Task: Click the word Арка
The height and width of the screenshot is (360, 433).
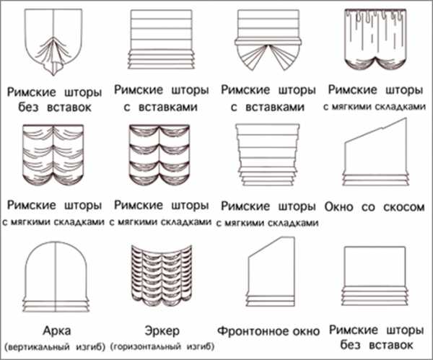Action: pyautogui.click(x=56, y=330)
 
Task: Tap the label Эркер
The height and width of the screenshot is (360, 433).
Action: pyautogui.click(x=162, y=330)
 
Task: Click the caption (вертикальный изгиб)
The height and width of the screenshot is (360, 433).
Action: pyautogui.click(x=55, y=346)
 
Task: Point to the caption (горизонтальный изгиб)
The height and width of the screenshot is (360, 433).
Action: pyautogui.click(x=162, y=346)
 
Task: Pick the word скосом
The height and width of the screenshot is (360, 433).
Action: pyautogui.click(x=403, y=207)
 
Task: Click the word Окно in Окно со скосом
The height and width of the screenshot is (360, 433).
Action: pyautogui.click(x=338, y=207)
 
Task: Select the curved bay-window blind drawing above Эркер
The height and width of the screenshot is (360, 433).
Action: pyautogui.click(x=162, y=276)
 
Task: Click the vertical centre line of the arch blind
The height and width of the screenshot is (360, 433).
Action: pyautogui.click(x=56, y=277)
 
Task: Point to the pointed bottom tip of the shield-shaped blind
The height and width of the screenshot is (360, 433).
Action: pyautogui.click(x=53, y=75)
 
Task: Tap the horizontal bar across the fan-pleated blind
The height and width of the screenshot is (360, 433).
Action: pyautogui.click(x=268, y=42)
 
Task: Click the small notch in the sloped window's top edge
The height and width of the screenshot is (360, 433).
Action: pyautogui.click(x=383, y=128)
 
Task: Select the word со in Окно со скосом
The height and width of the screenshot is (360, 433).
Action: pyautogui.click(x=368, y=208)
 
